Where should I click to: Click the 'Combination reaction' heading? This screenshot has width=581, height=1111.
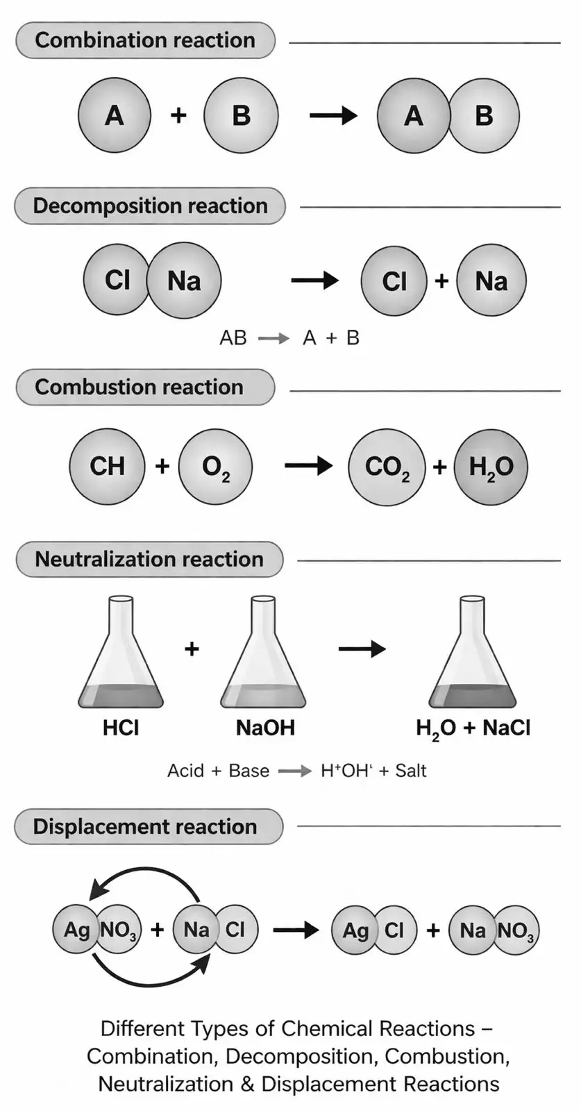pos(145,40)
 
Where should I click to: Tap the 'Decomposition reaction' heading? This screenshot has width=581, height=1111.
pos(150,206)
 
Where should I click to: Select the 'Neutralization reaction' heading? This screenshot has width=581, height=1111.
pos(149,559)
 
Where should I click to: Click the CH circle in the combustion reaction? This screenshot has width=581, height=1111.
pos(107,466)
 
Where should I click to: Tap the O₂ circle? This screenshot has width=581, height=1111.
pos(215,467)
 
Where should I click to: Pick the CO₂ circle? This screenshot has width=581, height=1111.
pos(387,467)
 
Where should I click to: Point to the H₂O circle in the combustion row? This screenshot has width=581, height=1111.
pos(491,467)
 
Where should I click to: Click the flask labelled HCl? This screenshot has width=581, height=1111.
pos(121,652)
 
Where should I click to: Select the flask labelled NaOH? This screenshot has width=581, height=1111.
pos(263,652)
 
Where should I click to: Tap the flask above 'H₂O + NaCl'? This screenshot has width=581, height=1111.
pos(473,652)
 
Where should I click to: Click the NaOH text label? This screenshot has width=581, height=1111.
pos(265,728)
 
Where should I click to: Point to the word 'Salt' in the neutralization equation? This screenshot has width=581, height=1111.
pos(410,771)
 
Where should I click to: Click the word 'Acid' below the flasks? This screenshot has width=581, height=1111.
pos(185,771)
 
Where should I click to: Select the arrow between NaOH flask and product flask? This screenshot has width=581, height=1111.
pos(362,649)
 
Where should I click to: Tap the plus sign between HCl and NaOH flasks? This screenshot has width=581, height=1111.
pos(192,649)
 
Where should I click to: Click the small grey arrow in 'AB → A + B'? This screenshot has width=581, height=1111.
pos(273,339)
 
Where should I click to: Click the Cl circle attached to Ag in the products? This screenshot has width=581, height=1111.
pos(394,930)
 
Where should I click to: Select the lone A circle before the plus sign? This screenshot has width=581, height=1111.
pos(115,115)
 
